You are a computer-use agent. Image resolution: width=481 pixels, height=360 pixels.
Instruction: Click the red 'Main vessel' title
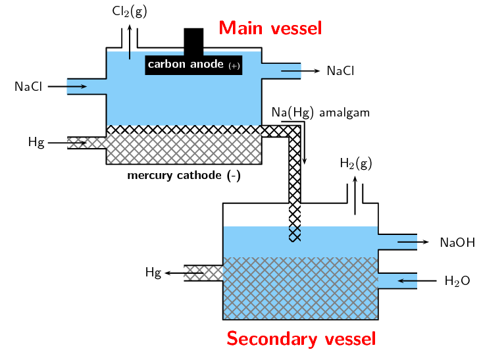[270, 28]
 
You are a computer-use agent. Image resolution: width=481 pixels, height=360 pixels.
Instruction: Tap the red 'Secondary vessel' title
[301, 338]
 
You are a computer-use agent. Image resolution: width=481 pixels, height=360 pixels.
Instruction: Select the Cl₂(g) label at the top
[129, 11]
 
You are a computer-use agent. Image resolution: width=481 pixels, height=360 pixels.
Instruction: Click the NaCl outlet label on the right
[340, 70]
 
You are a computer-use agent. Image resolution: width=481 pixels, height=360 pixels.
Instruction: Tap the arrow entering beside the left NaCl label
[67, 86]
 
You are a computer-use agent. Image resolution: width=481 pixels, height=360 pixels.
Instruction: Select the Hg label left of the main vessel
[36, 142]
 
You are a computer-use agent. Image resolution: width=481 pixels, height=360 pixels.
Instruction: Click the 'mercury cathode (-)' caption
[183, 176]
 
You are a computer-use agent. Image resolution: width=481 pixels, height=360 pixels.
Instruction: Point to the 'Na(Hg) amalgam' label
[320, 113]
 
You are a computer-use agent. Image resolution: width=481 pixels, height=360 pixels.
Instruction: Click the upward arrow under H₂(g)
[355, 194]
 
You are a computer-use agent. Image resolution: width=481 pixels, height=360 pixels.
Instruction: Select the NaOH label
[457, 242]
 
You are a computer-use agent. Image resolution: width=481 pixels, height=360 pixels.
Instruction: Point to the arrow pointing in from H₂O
[418, 281]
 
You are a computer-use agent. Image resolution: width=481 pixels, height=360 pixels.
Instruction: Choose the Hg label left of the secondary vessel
[153, 272]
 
